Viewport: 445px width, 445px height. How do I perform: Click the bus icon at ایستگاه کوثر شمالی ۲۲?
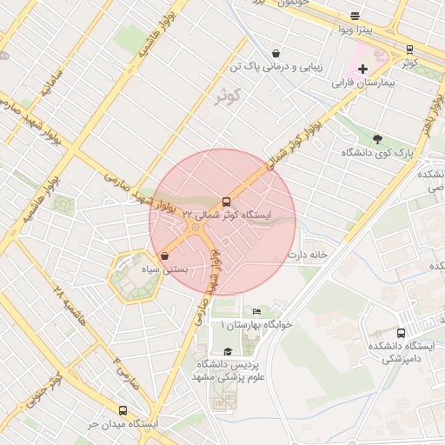[227, 200]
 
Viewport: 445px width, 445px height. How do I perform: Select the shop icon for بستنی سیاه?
[164, 256]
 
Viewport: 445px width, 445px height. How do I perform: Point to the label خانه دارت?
[309, 255]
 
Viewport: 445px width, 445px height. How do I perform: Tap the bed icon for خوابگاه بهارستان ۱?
[256, 311]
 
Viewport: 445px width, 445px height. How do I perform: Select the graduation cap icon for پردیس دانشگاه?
[228, 351]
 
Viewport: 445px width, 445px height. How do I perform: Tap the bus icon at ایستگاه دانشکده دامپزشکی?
[401, 332]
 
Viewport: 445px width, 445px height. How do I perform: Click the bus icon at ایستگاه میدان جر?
[122, 410]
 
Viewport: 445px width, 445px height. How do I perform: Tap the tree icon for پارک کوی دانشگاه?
[377, 138]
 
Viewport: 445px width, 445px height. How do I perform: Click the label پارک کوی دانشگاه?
[375, 153]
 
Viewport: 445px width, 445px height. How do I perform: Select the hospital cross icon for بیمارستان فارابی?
[362, 69]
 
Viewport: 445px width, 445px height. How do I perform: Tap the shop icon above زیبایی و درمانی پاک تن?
[276, 52]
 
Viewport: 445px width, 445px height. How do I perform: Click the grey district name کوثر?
[227, 96]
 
